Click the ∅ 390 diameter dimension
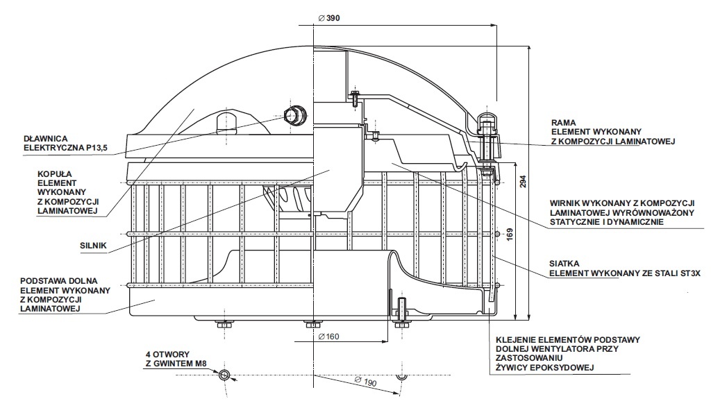tap(329, 18)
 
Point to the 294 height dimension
tap(523, 181)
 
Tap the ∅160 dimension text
tap(328, 337)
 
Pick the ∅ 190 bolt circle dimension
tap(366, 382)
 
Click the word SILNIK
tap(93, 246)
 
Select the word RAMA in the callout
tap(563, 123)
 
